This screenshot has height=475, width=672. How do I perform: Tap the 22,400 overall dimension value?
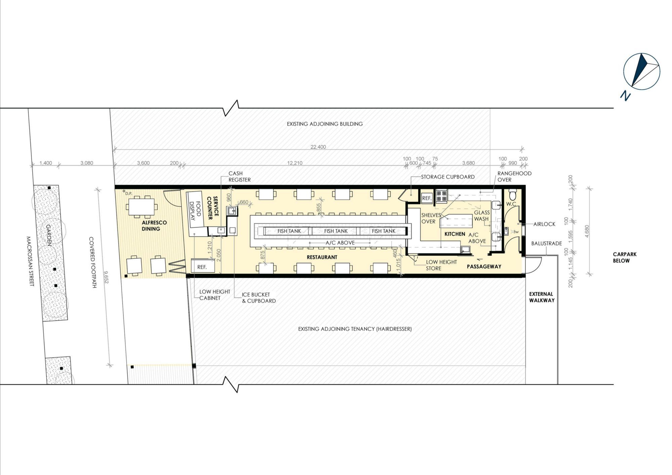point(318,147)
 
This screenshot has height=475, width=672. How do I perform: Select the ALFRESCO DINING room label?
point(154,226)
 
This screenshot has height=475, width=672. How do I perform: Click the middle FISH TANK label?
point(336,231)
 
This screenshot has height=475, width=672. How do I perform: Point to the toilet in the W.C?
point(513,195)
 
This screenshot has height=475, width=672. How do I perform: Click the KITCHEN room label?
point(455,234)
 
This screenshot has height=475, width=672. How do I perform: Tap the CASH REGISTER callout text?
point(240,176)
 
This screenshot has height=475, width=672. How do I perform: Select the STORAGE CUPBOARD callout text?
point(448,177)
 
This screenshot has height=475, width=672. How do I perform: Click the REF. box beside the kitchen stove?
point(427,198)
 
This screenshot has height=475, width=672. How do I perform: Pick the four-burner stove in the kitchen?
point(441,197)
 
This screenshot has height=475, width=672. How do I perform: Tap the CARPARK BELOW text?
point(625,258)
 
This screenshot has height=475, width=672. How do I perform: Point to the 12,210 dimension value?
point(295,163)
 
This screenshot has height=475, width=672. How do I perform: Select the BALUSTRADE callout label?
point(547,243)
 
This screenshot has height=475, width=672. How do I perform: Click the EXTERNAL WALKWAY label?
point(542,297)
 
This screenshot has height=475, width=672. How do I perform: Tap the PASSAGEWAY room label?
point(484,267)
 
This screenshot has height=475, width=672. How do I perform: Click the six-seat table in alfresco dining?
point(141,207)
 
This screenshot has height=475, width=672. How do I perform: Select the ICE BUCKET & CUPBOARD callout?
point(259,298)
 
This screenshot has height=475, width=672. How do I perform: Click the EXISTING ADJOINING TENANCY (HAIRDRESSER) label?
point(355,329)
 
